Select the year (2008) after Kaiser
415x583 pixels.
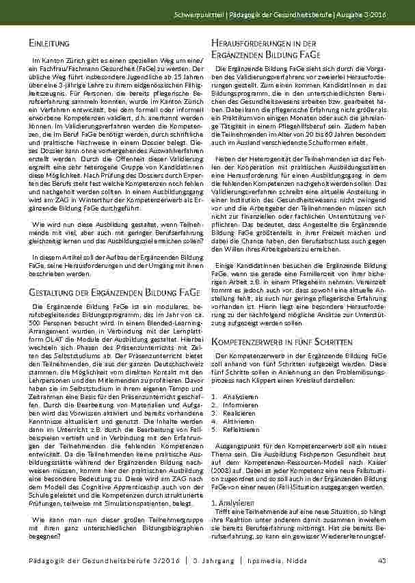(226, 463)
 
